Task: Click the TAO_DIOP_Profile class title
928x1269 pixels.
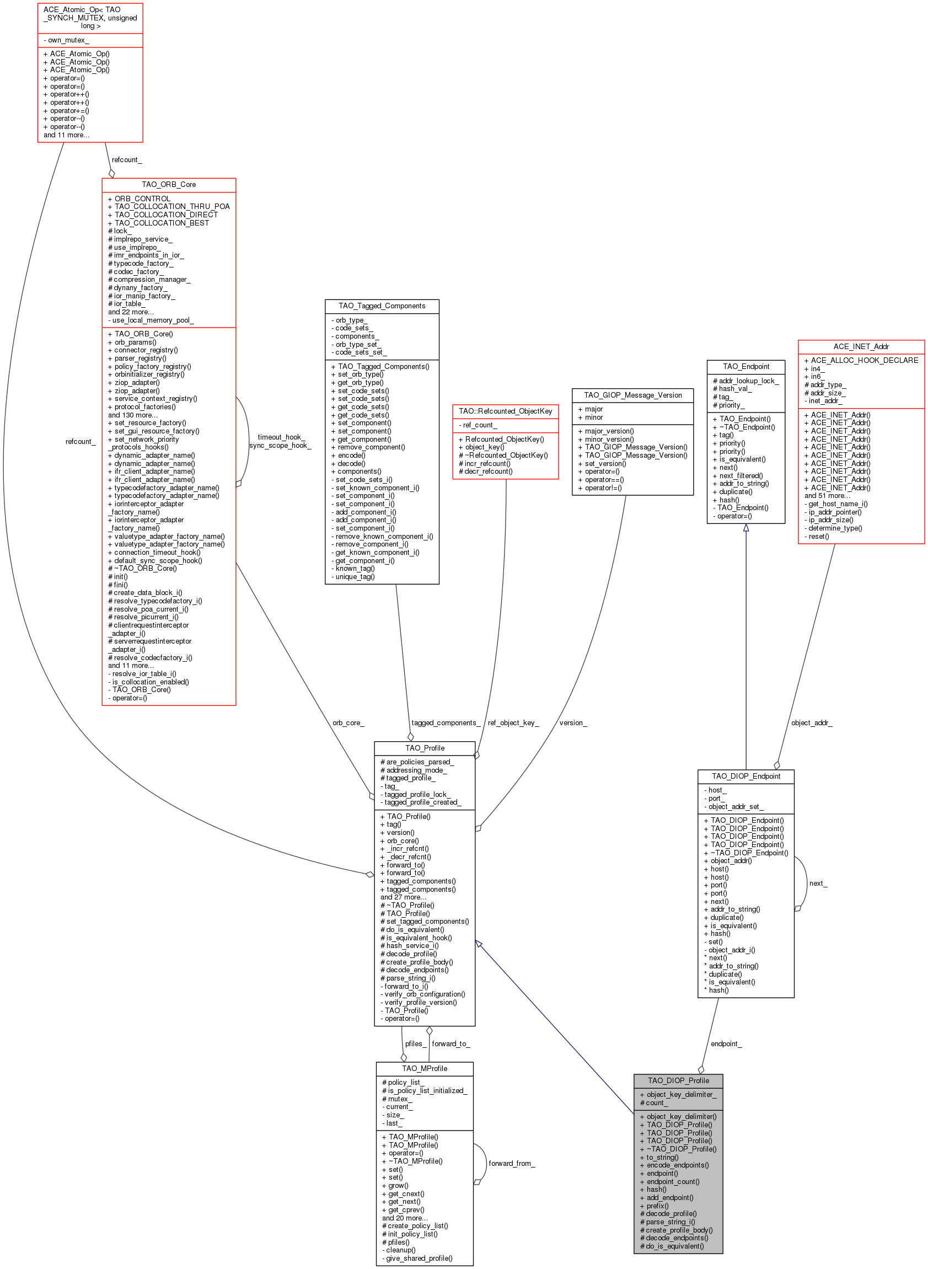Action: click(678, 1080)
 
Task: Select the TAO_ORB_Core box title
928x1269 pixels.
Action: click(169, 184)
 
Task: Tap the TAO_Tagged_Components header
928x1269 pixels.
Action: click(382, 306)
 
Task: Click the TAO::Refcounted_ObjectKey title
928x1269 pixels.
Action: click(506, 411)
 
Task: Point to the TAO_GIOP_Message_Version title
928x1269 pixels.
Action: click(632, 395)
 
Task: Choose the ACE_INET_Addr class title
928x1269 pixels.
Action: click(861, 346)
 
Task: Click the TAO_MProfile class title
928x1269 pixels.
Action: click(425, 1068)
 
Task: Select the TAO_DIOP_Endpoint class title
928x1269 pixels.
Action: click(746, 777)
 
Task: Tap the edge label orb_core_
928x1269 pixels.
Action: click(348, 723)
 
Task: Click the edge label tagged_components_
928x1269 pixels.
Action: click(446, 723)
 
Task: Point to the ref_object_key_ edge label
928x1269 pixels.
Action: click(513, 723)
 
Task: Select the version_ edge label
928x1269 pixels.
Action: click(573, 723)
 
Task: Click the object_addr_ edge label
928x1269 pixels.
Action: click(812, 723)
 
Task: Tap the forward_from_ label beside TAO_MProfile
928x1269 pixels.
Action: click(512, 1164)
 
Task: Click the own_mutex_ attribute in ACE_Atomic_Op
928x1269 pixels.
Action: click(66, 40)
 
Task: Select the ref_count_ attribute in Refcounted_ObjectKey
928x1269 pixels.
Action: click(478, 425)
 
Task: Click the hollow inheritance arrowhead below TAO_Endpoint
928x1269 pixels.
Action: click(746, 527)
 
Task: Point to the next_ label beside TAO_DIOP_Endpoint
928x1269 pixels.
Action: click(818, 884)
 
